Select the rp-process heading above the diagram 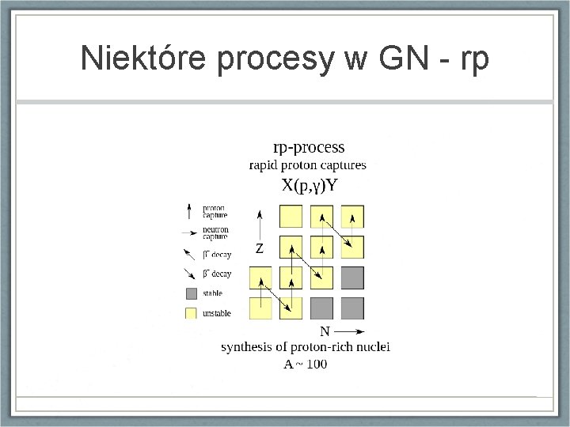click(x=308, y=147)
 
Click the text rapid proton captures click(x=308, y=165)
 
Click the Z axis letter click(x=260, y=248)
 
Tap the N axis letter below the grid click(x=325, y=331)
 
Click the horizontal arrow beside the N click(x=349, y=331)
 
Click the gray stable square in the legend click(x=190, y=294)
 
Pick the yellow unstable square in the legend click(x=190, y=313)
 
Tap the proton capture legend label click(x=214, y=211)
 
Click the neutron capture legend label click(x=215, y=232)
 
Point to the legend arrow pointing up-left click(x=190, y=255)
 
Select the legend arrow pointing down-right click(x=190, y=274)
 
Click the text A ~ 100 click(x=305, y=364)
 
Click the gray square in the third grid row click(x=353, y=278)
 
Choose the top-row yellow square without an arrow click(x=291, y=216)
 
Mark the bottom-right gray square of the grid click(x=353, y=308)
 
